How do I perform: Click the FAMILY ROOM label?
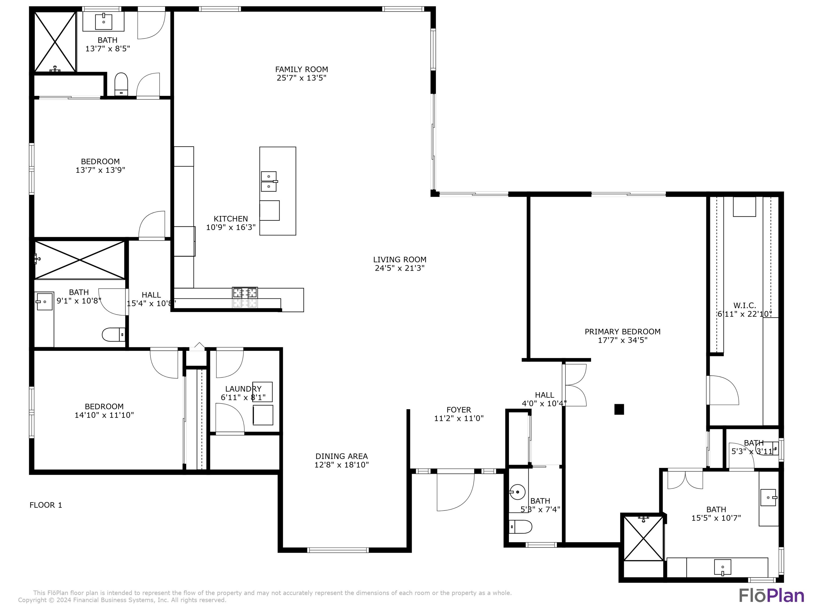301,69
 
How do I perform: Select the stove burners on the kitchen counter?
245,293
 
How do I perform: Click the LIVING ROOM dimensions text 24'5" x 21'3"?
399,268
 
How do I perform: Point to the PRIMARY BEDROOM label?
622,332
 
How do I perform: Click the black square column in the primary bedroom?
619,409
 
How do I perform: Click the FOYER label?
459,410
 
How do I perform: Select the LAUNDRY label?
243,389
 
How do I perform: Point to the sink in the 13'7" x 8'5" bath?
104,21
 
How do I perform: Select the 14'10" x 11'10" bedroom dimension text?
104,415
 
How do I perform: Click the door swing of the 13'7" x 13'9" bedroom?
152,225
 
